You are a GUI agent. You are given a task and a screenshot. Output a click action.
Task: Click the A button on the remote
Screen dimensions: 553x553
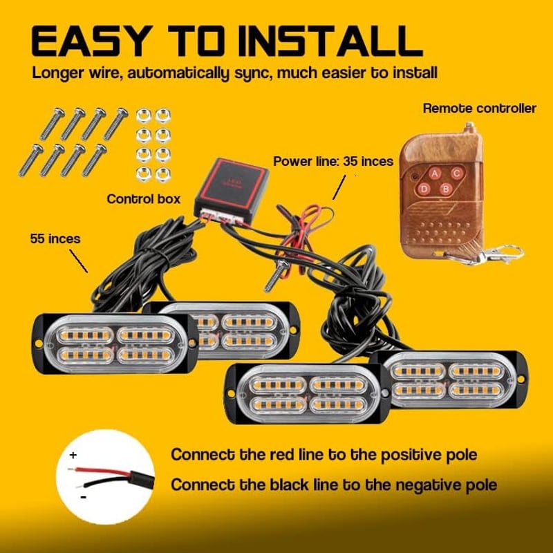coord(435,174)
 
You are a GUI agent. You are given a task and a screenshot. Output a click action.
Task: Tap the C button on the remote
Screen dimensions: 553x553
coord(457,174)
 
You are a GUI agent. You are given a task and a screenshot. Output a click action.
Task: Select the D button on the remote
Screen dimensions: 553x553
coord(424,189)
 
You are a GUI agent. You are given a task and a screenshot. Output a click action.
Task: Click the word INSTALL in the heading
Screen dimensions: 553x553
coord(331,41)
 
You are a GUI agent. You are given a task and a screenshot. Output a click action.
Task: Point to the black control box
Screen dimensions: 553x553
coord(231,191)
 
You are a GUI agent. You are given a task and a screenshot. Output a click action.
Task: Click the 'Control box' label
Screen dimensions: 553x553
coord(144,199)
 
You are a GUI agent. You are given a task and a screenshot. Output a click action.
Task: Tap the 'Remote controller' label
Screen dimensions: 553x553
coord(479,109)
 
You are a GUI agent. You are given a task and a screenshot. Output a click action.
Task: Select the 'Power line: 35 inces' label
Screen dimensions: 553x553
coord(333,161)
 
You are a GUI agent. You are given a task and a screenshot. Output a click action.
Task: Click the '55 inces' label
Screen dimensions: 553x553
coord(55,238)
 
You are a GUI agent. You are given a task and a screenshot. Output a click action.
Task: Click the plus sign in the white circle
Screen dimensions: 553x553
coord(73,456)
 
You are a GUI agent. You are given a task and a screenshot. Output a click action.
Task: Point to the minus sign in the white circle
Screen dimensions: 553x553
coord(84,497)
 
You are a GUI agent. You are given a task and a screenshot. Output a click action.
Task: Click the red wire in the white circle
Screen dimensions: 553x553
coord(100,471)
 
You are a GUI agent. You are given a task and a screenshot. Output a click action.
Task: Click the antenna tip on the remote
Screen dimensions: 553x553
coord(469,124)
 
